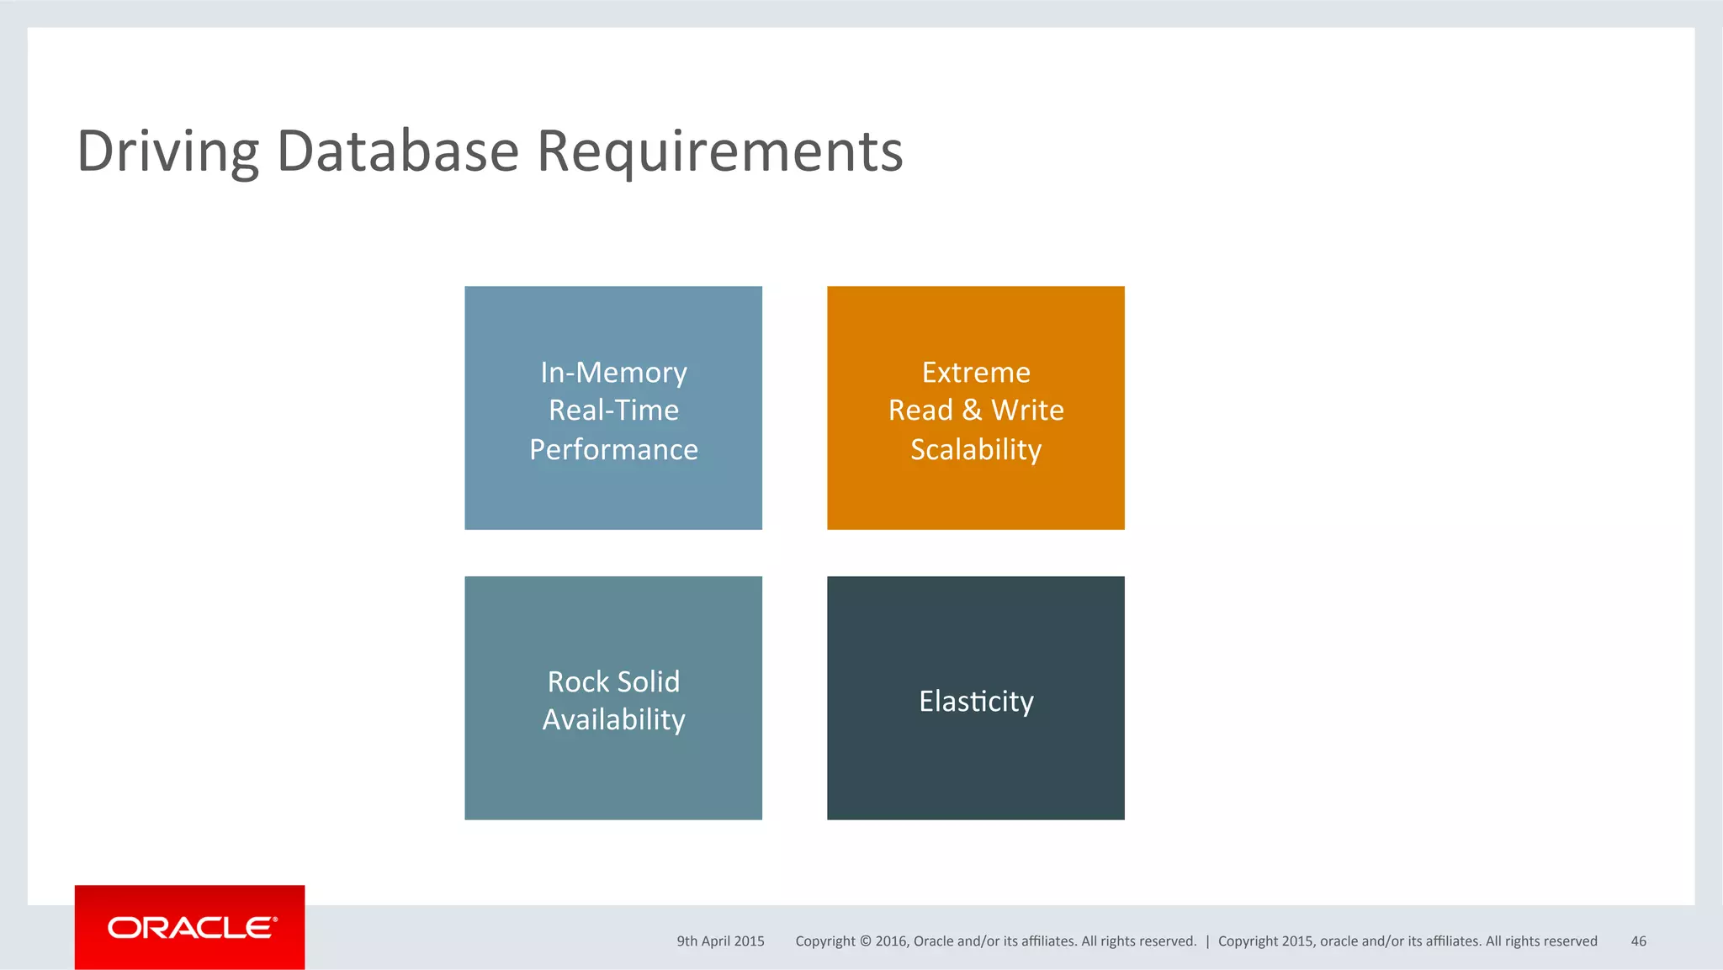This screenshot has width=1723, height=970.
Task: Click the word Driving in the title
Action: click(x=167, y=151)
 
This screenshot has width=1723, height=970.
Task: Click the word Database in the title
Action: click(x=397, y=151)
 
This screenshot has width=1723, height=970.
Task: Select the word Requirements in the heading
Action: click(x=719, y=151)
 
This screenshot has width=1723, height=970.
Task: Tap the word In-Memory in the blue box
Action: click(x=613, y=372)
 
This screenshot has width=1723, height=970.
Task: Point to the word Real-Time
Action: click(x=613, y=411)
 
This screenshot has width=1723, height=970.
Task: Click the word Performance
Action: click(x=613, y=449)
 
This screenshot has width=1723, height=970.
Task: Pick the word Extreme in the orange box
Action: click(x=976, y=372)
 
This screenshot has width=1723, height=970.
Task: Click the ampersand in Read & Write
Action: click(x=972, y=411)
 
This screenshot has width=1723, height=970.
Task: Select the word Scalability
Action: click(x=976, y=449)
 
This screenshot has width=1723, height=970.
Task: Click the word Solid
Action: click(x=649, y=681)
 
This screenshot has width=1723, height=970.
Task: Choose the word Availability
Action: click(x=613, y=720)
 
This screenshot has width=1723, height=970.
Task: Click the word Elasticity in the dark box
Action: click(x=976, y=701)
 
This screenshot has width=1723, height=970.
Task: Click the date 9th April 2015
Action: click(x=720, y=941)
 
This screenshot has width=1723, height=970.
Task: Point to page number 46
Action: click(x=1638, y=941)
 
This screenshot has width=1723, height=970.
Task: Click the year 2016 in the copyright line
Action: click(x=890, y=941)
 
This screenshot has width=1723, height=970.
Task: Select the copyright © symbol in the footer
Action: click(x=865, y=941)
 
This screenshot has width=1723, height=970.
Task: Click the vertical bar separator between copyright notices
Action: click(x=1207, y=941)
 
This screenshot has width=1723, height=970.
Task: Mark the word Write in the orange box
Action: click(x=1027, y=411)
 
